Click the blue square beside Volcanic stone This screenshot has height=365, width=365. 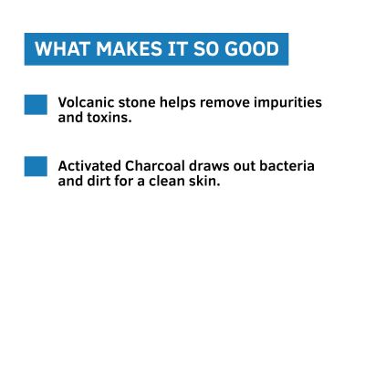36,104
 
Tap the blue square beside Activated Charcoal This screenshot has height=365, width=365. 36,166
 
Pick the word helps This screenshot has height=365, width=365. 179,103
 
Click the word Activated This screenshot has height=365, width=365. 89,166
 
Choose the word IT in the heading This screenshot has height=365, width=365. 172,49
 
